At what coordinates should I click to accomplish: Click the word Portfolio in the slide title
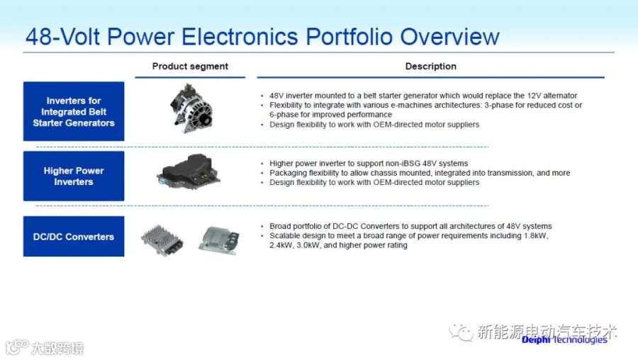(x=349, y=38)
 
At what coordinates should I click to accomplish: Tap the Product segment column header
(x=190, y=67)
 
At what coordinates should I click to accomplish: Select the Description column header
(x=430, y=67)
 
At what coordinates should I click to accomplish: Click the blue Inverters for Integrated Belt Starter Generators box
(x=74, y=111)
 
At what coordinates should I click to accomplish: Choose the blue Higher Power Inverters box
(x=74, y=176)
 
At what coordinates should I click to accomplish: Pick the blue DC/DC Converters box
(x=74, y=237)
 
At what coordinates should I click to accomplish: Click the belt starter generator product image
(x=191, y=108)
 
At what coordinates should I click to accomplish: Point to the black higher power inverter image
(x=188, y=171)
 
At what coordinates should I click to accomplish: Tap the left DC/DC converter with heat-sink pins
(x=162, y=240)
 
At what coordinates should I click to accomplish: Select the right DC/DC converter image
(x=219, y=240)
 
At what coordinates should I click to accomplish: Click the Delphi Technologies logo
(x=564, y=339)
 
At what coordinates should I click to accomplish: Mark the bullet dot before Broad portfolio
(x=262, y=227)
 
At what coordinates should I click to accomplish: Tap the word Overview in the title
(x=449, y=38)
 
